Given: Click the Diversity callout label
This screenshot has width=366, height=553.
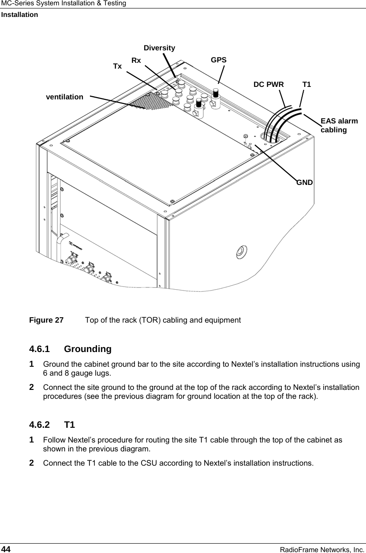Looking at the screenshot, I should pyautogui.click(x=159, y=48).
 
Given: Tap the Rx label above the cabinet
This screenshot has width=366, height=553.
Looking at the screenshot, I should pyautogui.click(x=136, y=60).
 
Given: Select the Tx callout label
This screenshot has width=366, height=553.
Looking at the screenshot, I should pyautogui.click(x=118, y=66).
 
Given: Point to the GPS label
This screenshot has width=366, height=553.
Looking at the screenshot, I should pyautogui.click(x=219, y=60).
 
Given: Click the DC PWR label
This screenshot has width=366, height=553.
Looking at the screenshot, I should pyautogui.click(x=268, y=84).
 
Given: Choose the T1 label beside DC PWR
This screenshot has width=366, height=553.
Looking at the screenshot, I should pyautogui.click(x=307, y=84).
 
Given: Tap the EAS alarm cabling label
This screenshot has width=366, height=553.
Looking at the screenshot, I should pyautogui.click(x=339, y=125).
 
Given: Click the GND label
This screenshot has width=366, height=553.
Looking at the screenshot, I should pyautogui.click(x=305, y=182).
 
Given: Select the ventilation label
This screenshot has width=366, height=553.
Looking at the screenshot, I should pyautogui.click(x=65, y=96).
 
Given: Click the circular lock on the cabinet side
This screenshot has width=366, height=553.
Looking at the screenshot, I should pyautogui.click(x=240, y=251).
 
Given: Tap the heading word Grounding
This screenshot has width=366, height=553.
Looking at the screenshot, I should pyautogui.click(x=88, y=348).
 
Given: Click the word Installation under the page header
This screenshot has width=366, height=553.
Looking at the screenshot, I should pyautogui.click(x=20, y=15).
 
